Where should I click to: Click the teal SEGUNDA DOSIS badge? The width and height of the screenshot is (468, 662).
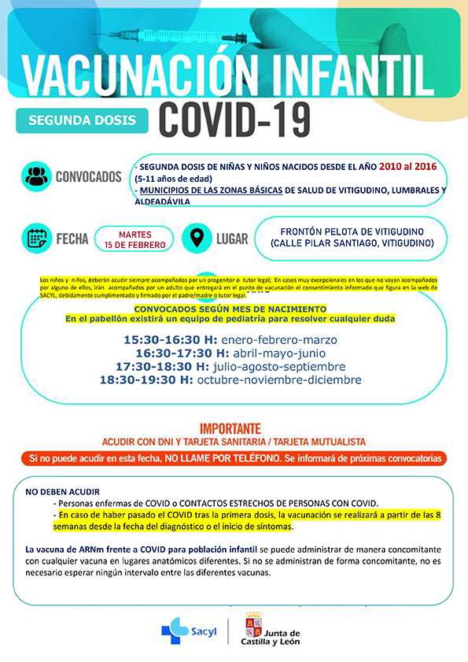click(82, 120)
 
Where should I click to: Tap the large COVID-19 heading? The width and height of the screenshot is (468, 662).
click(234, 119)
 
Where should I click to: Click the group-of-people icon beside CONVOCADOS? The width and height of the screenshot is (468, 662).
click(36, 176)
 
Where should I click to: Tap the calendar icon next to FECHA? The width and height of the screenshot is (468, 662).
click(36, 237)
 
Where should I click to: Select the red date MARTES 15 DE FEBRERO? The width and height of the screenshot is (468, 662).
click(135, 238)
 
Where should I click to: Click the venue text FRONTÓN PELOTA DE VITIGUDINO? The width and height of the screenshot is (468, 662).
click(352, 231)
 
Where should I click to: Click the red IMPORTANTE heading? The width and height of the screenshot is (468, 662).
click(230, 429)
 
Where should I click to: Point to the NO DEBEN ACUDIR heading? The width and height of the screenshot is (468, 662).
click(63, 491)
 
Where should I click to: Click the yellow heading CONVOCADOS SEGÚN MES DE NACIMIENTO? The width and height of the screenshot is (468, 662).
click(230, 309)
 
